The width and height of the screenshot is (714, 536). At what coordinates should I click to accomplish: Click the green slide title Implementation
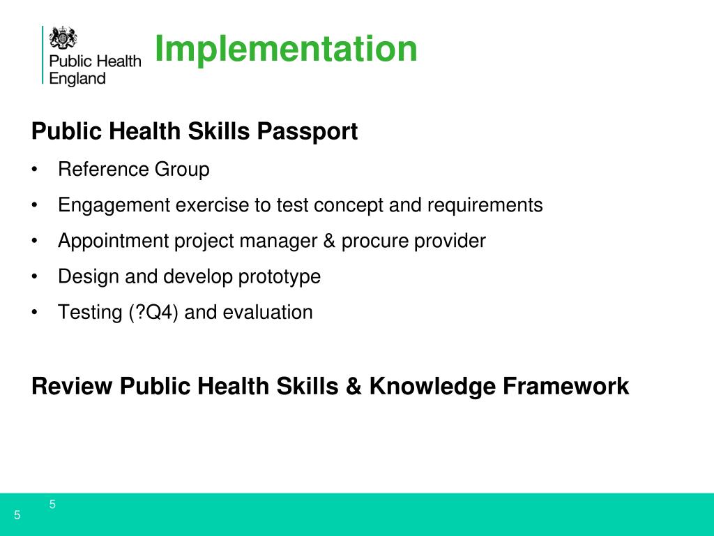(286, 50)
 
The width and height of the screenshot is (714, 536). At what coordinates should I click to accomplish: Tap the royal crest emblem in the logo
(63, 37)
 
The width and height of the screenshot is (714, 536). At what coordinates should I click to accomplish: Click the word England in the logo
(77, 79)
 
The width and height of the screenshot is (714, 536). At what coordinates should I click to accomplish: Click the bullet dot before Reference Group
(35, 170)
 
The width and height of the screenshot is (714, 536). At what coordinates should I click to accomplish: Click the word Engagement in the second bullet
(114, 205)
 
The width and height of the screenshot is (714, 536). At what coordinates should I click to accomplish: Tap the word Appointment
(114, 241)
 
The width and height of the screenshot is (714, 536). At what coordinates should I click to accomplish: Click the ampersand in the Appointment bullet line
(328, 241)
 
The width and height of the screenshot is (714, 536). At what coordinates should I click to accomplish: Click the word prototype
(280, 277)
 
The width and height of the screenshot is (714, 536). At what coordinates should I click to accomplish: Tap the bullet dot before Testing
(35, 313)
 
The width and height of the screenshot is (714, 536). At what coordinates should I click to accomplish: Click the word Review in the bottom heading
(72, 386)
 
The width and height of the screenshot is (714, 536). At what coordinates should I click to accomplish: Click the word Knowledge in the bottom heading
(432, 386)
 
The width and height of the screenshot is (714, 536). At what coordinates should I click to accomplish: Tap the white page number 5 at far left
(17, 516)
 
